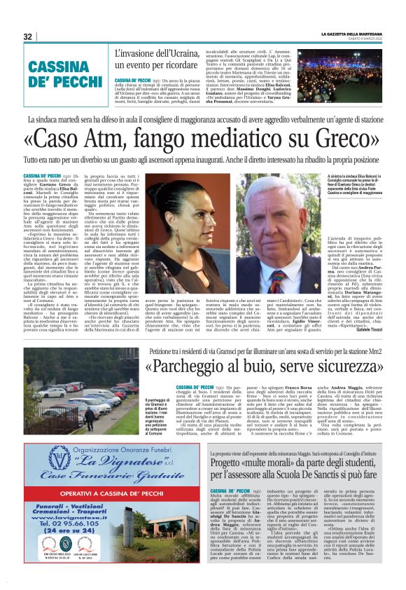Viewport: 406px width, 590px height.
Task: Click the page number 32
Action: [28, 36]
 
